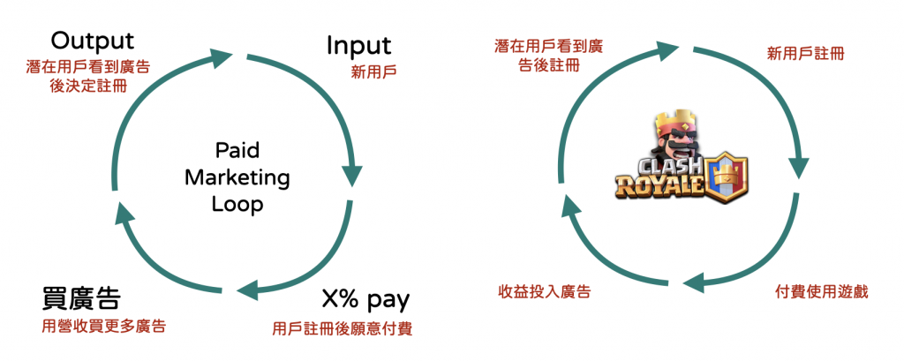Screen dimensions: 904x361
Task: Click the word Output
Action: coord(92,41)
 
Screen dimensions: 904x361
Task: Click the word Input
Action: coord(358,45)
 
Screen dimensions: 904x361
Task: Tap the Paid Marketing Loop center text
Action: coord(237,177)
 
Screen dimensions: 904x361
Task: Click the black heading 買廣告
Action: coord(81,297)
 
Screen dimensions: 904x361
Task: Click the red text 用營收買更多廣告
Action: coord(104,326)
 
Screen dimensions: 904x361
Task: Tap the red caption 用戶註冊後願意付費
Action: coord(343,328)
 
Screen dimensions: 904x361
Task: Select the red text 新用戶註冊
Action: coord(805,54)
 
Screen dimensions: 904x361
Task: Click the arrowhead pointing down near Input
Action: coord(352,174)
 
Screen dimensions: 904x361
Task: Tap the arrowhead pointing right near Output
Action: coord(222,58)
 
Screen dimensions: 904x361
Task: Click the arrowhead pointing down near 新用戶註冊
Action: coord(800,169)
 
